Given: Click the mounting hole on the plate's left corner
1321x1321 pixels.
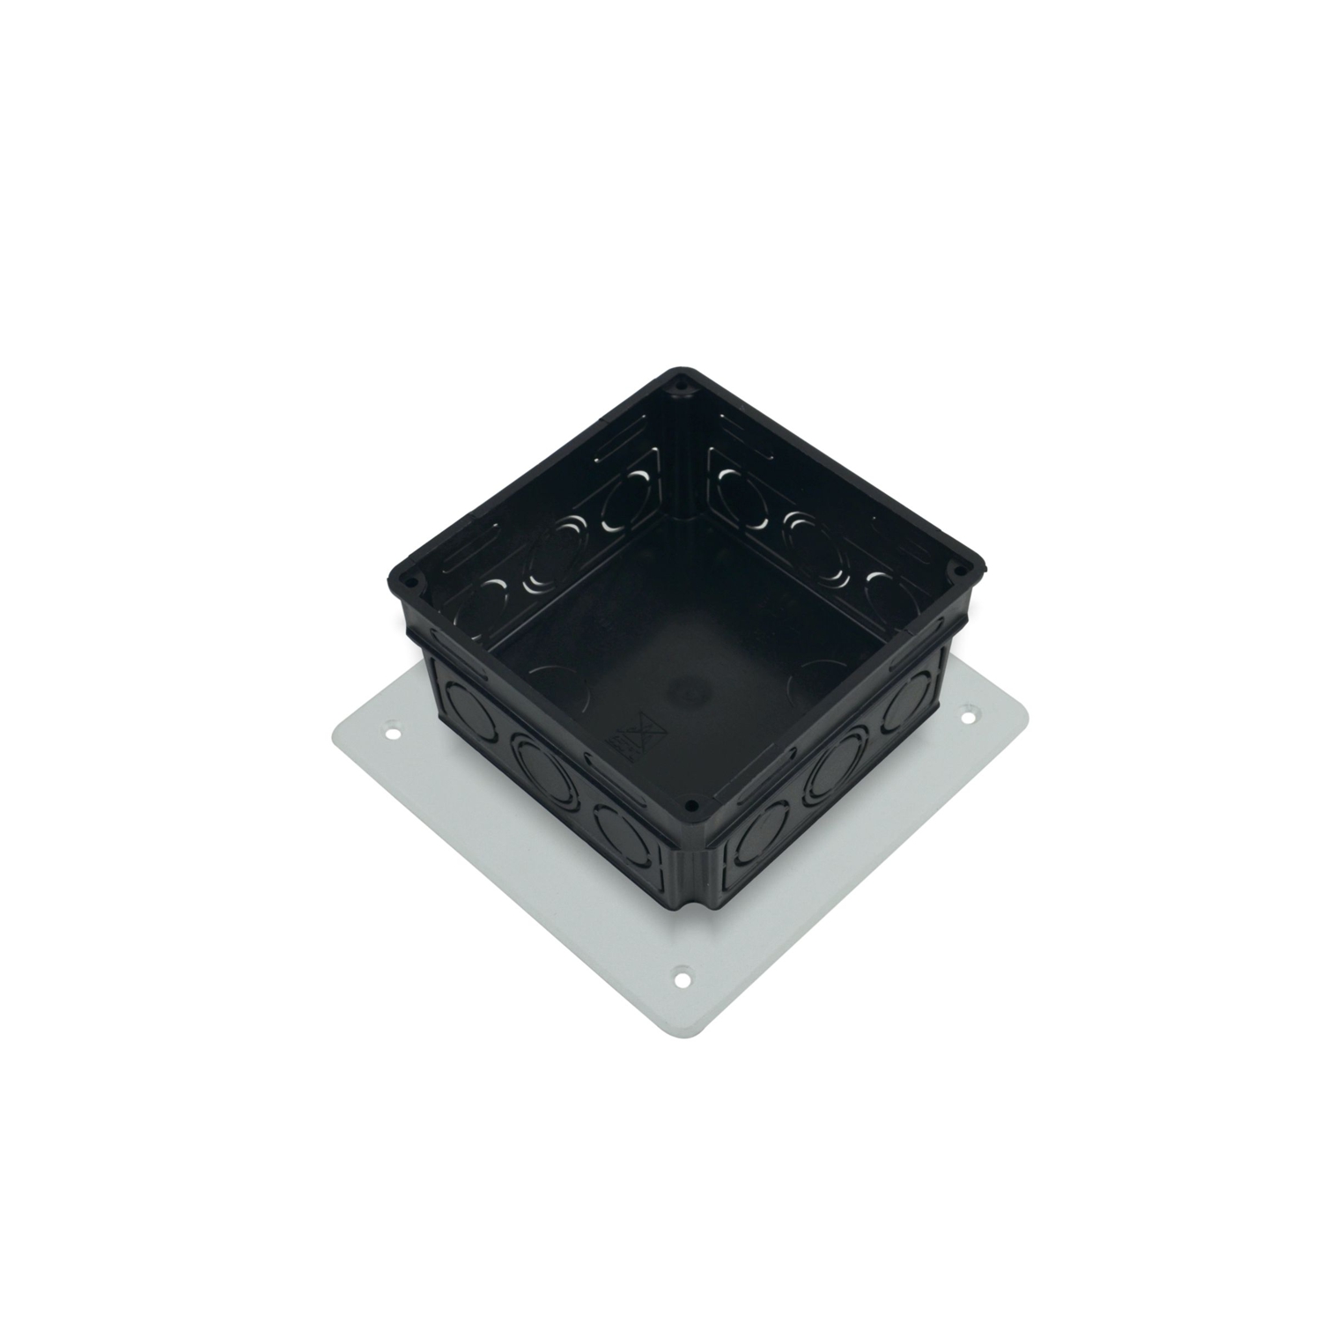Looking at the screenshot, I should pos(394,731).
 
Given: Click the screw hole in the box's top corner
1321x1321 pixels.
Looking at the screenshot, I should pos(680,385).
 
